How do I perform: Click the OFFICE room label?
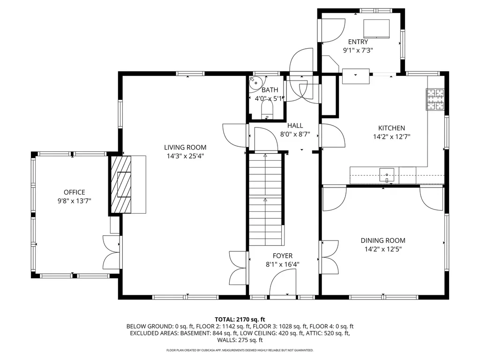click(75, 192)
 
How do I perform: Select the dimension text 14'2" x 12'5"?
click(383, 249)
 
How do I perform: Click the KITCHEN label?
click(391, 128)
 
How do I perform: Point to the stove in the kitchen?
click(435, 99)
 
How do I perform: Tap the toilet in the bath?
click(267, 111)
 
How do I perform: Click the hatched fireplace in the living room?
click(121, 185)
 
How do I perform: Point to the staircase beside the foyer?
click(266, 199)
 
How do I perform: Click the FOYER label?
click(283, 256)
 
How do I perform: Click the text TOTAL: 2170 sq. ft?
click(240, 318)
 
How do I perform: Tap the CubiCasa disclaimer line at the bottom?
click(240, 350)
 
